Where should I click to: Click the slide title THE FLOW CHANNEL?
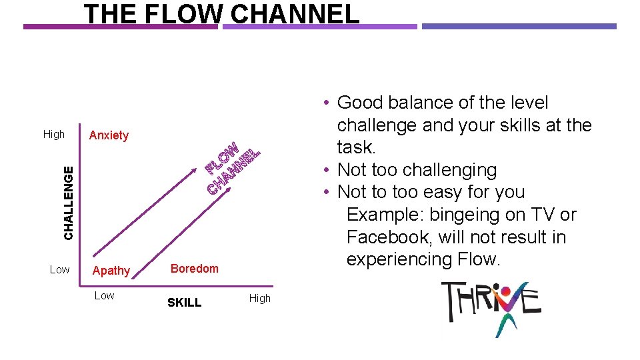point(221,13)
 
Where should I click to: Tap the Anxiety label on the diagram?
point(109,135)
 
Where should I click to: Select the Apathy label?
point(111,271)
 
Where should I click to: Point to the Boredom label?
point(195,269)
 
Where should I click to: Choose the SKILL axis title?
point(184,303)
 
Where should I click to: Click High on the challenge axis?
point(54,134)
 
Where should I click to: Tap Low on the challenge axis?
point(59,269)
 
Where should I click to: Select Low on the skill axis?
point(104,295)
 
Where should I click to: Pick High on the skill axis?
point(260,298)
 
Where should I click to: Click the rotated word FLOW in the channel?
point(222,157)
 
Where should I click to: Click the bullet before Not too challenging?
point(326,171)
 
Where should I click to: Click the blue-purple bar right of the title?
point(519,27)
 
